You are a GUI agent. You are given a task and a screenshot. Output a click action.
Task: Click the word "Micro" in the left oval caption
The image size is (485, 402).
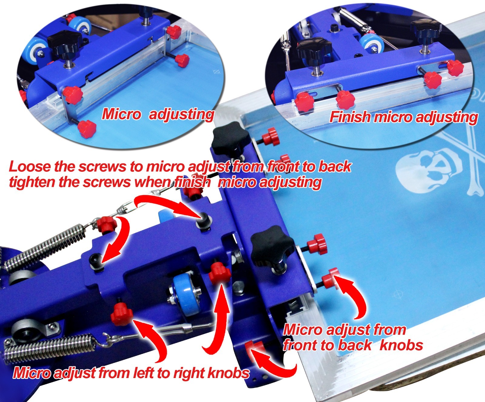point(121,114)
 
